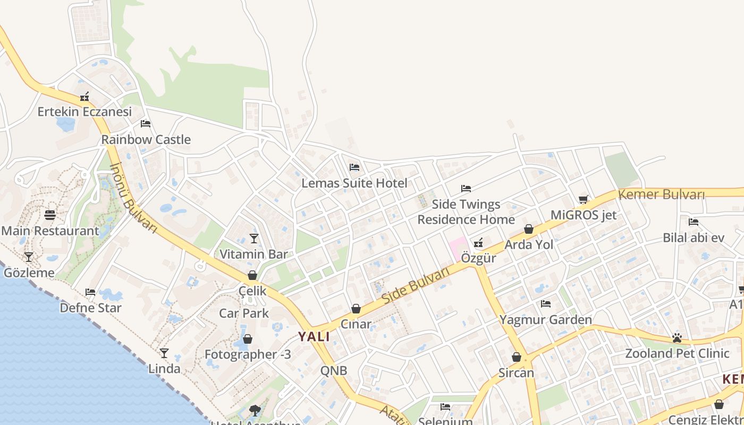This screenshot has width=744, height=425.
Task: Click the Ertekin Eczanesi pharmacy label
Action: point(84,112)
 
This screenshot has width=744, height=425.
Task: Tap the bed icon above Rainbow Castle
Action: point(146,124)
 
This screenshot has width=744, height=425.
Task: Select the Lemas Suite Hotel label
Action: point(354,183)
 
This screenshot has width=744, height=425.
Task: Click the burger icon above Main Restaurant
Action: point(50,215)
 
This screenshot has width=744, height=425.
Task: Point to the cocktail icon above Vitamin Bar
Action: point(253,239)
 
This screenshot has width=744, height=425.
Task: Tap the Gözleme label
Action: point(29,273)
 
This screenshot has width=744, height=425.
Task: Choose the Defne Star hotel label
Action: point(90,308)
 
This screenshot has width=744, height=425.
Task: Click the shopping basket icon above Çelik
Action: point(252,275)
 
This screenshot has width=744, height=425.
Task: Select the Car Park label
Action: point(244,313)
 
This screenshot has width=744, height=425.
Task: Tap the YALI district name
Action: point(314,336)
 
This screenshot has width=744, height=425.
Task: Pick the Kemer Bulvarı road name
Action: point(662,194)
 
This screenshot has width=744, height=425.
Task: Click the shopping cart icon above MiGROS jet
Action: point(584,200)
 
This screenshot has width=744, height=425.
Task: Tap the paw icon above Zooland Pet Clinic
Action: point(677,338)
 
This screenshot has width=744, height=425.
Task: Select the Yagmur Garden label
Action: point(545,320)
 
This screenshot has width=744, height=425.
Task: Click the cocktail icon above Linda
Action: point(164,353)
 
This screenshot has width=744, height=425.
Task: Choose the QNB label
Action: point(334,370)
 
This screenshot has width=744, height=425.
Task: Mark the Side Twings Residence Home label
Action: point(466,212)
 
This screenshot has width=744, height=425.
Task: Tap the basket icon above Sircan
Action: point(516,357)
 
